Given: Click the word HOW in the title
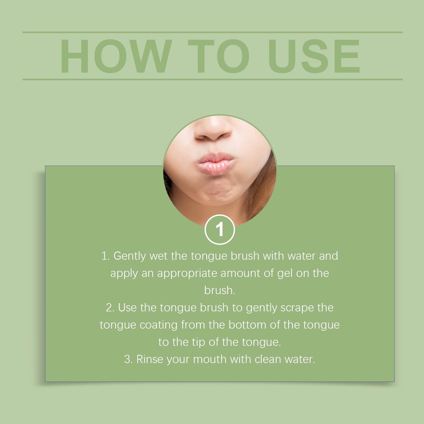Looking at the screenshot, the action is pos(116,56).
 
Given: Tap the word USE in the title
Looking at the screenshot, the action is pos(314,56).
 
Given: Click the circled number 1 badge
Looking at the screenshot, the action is pos(219,229).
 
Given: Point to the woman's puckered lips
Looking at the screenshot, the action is pos(215,164).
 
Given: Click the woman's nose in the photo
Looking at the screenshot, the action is pos(214,129).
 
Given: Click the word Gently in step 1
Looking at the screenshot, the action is pos(130,256).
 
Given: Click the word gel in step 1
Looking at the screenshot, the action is pos(285,274).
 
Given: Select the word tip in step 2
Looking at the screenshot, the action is pos(198,342).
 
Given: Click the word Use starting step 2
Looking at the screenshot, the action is pos(128,308).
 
